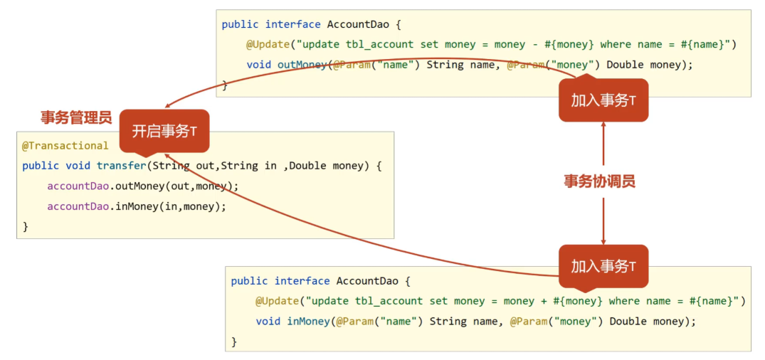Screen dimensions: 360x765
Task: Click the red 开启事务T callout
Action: (164, 131)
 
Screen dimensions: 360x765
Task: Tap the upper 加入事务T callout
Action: (603, 100)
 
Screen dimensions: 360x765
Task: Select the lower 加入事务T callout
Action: (603, 266)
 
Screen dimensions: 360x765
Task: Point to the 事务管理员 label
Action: (76, 117)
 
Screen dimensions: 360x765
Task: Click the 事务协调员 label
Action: (599, 181)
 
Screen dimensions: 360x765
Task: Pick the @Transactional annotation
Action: (65, 146)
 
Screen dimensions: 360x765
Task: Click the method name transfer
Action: (121, 166)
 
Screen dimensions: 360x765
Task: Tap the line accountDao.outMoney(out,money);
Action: (143, 186)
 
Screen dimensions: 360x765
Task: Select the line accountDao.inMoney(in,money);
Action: (137, 206)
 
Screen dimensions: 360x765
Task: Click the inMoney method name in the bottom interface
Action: (309, 321)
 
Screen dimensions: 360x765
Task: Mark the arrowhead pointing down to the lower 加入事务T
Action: (603, 240)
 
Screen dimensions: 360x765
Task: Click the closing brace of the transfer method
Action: (26, 226)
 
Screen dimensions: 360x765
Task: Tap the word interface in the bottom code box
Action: (302, 281)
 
